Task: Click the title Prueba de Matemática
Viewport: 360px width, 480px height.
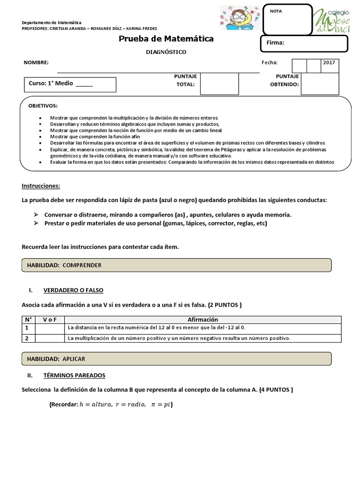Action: (x=166, y=38)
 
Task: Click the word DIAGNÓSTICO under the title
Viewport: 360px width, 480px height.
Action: (x=166, y=52)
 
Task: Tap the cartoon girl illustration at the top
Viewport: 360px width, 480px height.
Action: (x=236, y=18)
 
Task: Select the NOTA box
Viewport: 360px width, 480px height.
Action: (x=287, y=18)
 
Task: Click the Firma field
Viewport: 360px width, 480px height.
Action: (x=304, y=43)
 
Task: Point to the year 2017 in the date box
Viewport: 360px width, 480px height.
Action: (x=329, y=62)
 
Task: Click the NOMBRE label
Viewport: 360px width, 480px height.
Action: (x=36, y=63)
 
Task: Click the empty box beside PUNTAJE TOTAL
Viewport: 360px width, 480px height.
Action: (x=219, y=84)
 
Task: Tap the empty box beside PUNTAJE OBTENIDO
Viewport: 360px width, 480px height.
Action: (x=320, y=84)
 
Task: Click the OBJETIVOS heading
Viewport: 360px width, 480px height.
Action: (x=43, y=106)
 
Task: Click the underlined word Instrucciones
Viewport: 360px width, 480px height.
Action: (x=41, y=186)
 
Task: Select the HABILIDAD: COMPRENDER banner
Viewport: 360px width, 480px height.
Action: (x=176, y=265)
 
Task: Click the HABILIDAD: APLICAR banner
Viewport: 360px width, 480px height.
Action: (x=176, y=359)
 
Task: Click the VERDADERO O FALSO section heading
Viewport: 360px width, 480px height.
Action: (x=73, y=290)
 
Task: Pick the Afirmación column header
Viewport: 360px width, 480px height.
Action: (x=202, y=319)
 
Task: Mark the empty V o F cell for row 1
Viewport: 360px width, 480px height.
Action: (x=50, y=328)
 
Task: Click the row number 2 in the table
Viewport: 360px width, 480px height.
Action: (x=27, y=338)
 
